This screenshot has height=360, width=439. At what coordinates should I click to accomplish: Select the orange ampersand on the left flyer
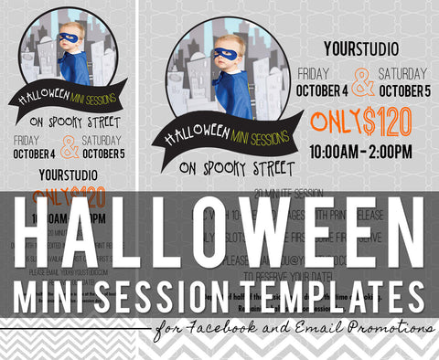point(70,147)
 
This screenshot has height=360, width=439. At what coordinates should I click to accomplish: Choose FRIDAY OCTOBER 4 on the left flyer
point(36,147)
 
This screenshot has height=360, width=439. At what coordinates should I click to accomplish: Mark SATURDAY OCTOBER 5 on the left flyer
point(102,147)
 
